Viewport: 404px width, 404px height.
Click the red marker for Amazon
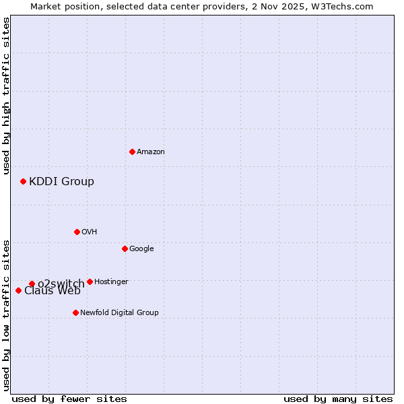(132, 151)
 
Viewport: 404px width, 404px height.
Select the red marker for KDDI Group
(23, 181)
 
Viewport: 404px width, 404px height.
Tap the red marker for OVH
(77, 232)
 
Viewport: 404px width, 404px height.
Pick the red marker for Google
(125, 248)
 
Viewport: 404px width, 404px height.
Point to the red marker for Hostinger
(90, 281)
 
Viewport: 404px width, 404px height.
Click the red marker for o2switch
(32, 283)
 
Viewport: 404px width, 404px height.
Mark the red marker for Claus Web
(18, 290)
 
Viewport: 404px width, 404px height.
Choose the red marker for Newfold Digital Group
(75, 312)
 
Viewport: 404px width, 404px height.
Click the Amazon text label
(151, 152)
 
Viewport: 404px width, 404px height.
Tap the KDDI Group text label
(61, 181)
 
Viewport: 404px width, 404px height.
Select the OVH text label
(90, 232)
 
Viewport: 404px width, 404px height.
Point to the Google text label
(141, 249)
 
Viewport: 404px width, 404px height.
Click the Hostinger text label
(111, 282)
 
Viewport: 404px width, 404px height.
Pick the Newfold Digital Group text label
(119, 313)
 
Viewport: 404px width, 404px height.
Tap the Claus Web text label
(52, 291)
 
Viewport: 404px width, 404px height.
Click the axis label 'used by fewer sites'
(69, 399)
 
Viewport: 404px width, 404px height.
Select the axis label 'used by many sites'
(338, 399)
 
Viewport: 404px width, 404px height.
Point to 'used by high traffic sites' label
(6, 96)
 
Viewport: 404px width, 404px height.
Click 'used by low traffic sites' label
(6, 314)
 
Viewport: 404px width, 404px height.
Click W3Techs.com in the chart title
(346, 6)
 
